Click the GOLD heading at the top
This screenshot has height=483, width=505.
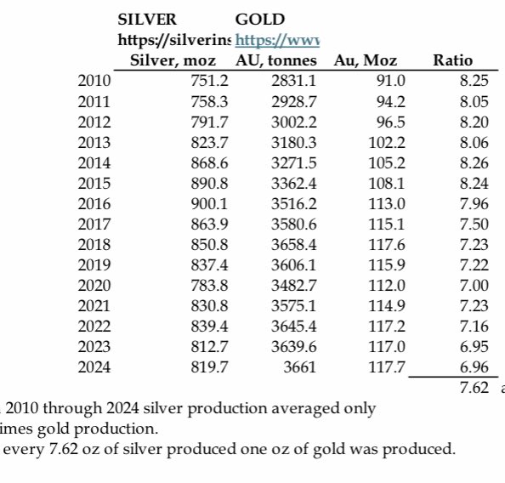(x=259, y=19)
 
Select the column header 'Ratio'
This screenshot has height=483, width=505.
(x=452, y=60)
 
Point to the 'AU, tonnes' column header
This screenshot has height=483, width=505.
(x=276, y=60)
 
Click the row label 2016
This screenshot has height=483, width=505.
(x=94, y=203)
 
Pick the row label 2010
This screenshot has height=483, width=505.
(x=94, y=81)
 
